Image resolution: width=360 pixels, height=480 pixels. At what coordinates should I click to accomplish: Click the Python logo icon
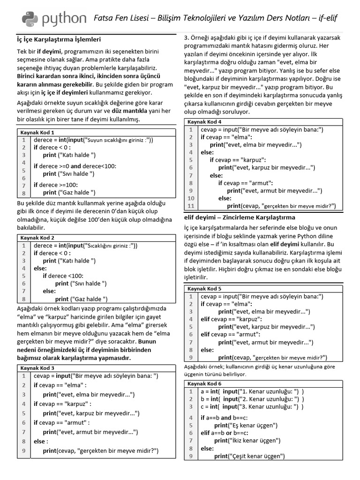pos(30,18)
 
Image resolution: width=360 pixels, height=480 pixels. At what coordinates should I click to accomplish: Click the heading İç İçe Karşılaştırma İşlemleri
pos(59,39)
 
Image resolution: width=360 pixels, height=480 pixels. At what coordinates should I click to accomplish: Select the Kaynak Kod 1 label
pos(37,132)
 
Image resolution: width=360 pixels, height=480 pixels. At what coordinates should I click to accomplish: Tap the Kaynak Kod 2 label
pos(37,238)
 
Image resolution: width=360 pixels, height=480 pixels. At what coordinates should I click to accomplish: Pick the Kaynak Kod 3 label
pos(37,368)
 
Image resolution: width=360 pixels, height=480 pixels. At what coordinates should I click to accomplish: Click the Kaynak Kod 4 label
pos(204,122)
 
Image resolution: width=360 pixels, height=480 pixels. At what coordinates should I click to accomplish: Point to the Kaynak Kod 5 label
pos(204,289)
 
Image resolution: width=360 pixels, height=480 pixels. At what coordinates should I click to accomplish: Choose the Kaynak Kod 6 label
pos(204,383)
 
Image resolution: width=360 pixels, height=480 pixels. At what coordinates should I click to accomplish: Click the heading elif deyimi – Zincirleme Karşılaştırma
pos(239,217)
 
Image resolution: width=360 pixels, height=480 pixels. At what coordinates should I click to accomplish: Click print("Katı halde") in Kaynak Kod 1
pos(69,155)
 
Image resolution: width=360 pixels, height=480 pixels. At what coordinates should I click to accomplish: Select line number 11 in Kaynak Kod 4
pos(190,206)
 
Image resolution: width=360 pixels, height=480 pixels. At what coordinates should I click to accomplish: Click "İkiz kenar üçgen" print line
pos(247,441)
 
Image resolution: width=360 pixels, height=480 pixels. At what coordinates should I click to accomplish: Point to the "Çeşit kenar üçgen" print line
pos(249,456)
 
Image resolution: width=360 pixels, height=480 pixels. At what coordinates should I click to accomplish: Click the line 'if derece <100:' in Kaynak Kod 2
pos(63,276)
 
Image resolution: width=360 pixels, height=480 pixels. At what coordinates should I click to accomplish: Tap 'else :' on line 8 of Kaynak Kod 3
pos(40,442)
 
